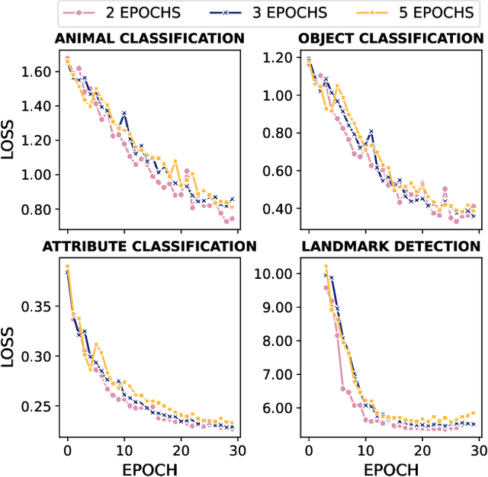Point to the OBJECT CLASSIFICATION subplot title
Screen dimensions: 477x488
[390, 38]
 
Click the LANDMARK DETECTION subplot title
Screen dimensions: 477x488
[390, 246]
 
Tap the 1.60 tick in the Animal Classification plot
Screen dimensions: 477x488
[35, 72]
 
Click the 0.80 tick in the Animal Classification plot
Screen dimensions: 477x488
[35, 210]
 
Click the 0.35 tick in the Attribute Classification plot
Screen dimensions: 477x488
[35, 306]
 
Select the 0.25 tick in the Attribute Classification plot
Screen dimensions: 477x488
[35, 406]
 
